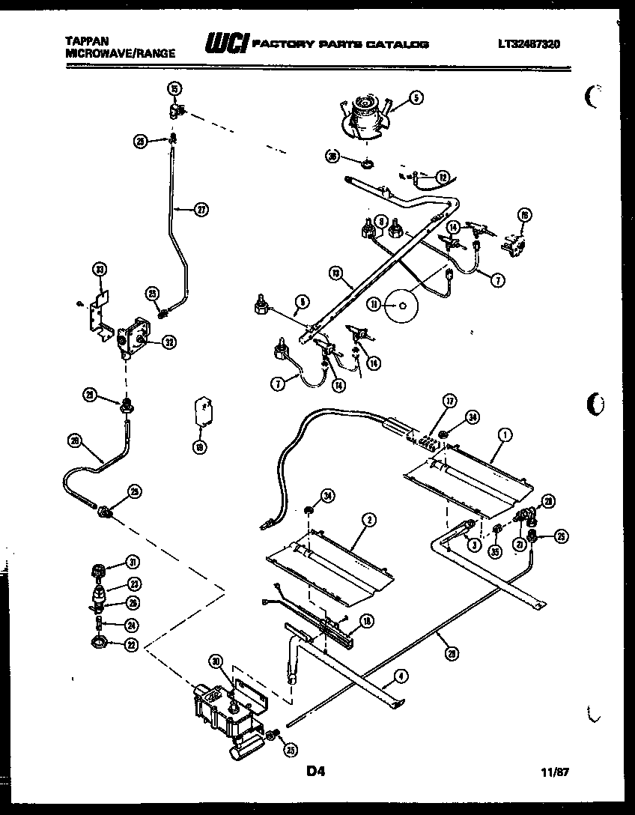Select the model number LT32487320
(528, 44)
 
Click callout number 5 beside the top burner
(416, 97)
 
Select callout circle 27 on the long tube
(201, 210)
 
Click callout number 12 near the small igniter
(443, 178)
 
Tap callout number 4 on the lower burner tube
(403, 676)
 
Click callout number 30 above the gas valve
(216, 661)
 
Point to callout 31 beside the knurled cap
(133, 563)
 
